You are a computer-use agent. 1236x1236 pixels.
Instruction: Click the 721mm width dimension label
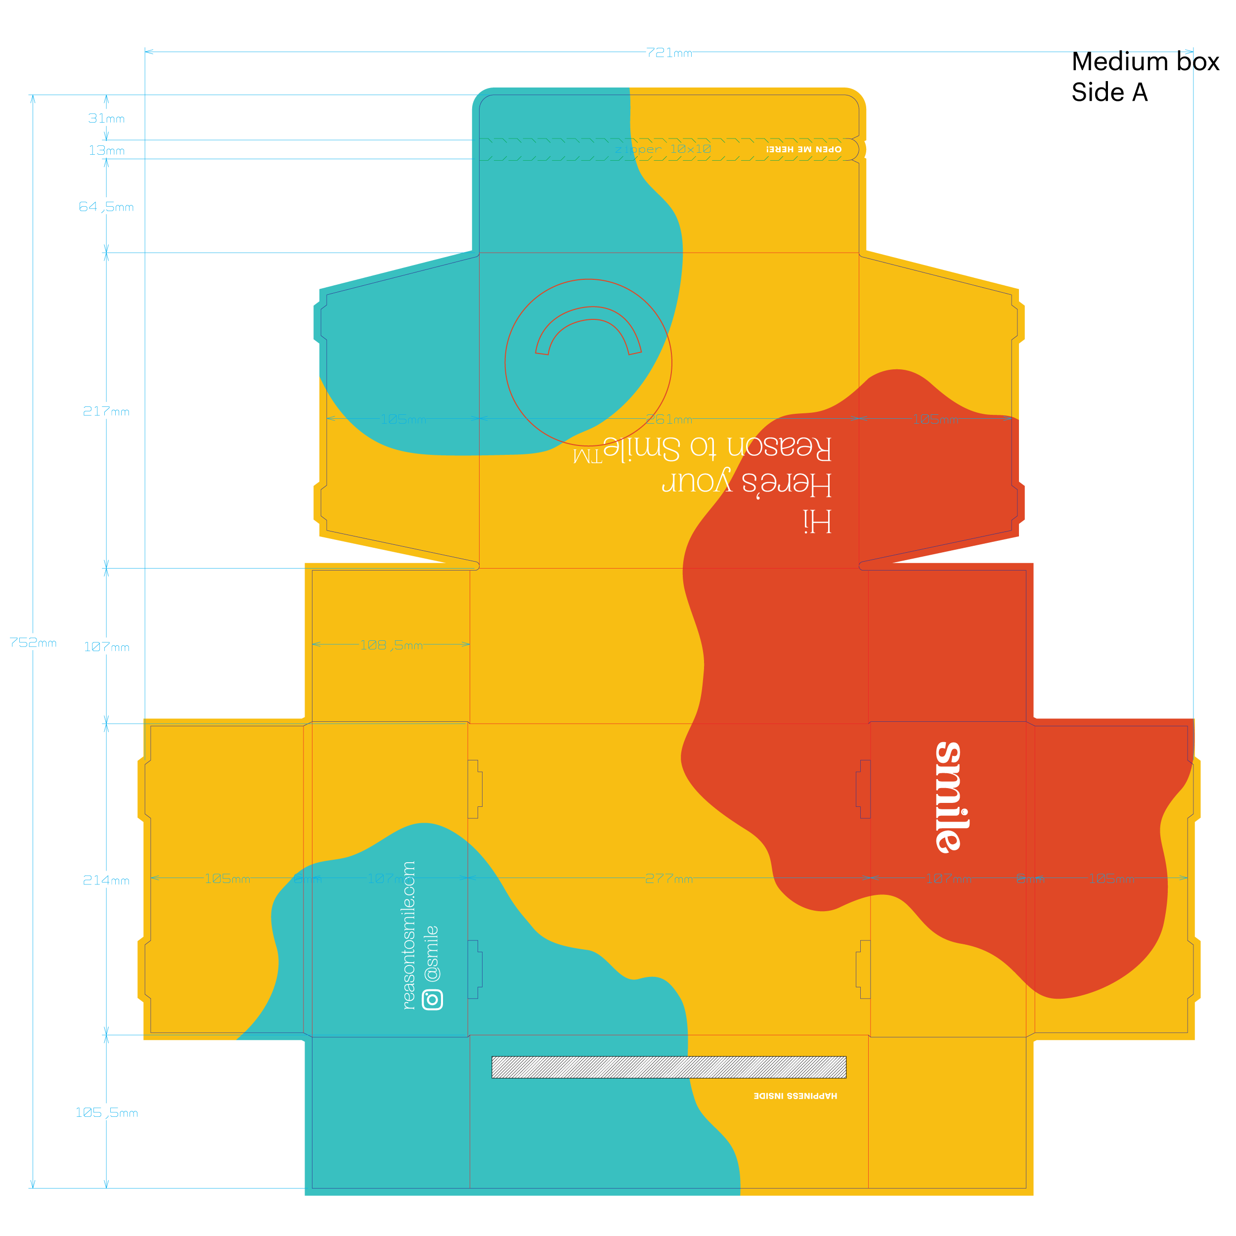point(668,52)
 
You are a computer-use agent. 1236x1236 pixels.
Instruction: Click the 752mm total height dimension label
point(33,642)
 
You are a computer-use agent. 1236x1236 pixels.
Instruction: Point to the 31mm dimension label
point(106,118)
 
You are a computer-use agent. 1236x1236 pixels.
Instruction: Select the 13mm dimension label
point(106,150)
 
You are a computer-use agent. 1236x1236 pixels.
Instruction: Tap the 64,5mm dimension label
point(106,207)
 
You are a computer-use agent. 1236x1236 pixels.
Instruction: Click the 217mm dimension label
point(106,411)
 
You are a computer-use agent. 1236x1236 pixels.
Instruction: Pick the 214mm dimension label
point(106,881)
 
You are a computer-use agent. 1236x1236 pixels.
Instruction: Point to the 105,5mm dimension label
point(106,1112)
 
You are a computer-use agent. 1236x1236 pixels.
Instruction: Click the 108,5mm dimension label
point(391,645)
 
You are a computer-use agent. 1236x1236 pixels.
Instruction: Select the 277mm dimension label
point(668,879)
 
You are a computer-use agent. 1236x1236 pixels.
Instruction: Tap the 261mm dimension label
point(668,419)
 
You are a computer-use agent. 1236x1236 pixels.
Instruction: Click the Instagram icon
point(433,999)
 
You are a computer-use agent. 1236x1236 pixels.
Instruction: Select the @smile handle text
point(433,953)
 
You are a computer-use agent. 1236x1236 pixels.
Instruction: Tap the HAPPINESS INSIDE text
point(795,1096)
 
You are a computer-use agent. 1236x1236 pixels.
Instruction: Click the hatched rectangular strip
point(668,1067)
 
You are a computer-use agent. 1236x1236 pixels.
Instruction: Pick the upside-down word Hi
point(817,522)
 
